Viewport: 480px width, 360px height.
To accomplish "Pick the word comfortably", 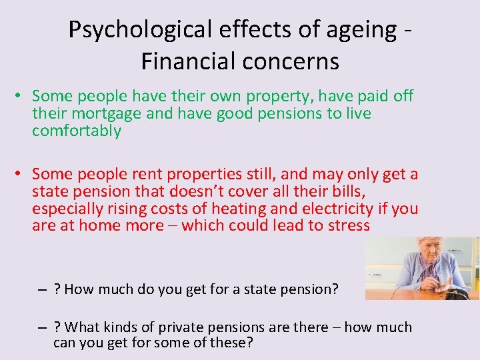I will coord(77,131).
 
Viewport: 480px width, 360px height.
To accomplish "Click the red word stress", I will coord(348,225).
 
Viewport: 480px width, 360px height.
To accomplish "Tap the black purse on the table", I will coord(457,293).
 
